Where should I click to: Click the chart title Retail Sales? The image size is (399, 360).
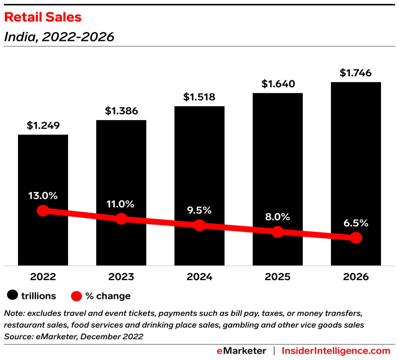(x=43, y=17)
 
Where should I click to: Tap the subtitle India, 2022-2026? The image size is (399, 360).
(x=59, y=37)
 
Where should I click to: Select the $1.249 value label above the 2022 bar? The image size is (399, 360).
(x=43, y=126)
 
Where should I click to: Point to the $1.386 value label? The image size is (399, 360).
(x=121, y=111)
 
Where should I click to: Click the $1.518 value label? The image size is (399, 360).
(x=199, y=97)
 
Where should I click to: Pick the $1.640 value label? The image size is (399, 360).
(x=278, y=84)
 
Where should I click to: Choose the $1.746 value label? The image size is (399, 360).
(x=356, y=73)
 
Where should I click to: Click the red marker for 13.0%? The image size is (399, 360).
(x=43, y=211)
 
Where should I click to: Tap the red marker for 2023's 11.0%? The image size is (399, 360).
(x=121, y=219)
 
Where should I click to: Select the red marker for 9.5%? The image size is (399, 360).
(x=199, y=225)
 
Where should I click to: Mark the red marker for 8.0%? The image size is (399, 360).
(x=278, y=232)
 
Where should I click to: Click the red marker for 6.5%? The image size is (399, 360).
(x=356, y=238)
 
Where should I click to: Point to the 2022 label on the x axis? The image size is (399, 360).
(x=43, y=277)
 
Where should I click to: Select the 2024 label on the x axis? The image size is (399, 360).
(x=199, y=277)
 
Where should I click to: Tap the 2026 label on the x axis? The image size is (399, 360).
(x=356, y=277)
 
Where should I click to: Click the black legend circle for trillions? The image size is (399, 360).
(x=13, y=296)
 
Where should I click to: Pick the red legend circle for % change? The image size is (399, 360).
(x=77, y=296)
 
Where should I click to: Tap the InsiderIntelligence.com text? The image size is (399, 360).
(x=336, y=351)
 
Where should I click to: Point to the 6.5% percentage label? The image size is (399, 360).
(x=356, y=223)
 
